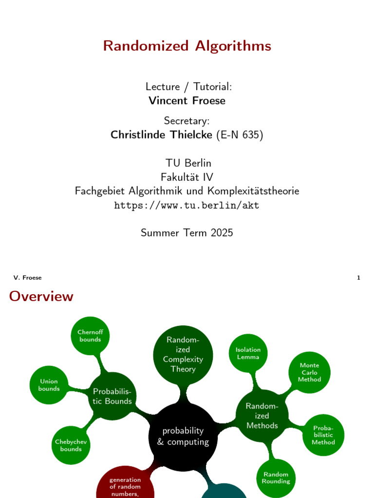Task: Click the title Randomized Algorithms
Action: pyautogui.click(x=187, y=46)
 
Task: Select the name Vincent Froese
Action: pyautogui.click(x=187, y=101)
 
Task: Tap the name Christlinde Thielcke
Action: pyautogui.click(x=163, y=135)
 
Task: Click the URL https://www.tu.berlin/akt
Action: pyautogui.click(x=187, y=205)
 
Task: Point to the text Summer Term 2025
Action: pyautogui.click(x=187, y=233)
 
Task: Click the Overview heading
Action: pyautogui.click(x=41, y=296)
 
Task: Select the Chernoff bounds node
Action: pyautogui.click(x=90, y=336)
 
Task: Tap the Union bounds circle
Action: pyautogui.click(x=49, y=385)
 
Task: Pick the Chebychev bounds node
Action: pyautogui.click(x=71, y=445)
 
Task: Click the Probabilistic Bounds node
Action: pyautogui.click(x=112, y=396)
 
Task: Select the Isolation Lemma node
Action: pyautogui.click(x=248, y=353)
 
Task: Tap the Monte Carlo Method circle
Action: pyautogui.click(x=310, y=373)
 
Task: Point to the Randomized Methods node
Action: pyautogui.click(x=262, y=416)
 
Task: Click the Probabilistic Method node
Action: pyautogui.click(x=323, y=435)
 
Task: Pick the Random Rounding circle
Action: pyautogui.click(x=276, y=478)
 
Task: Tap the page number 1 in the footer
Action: pyautogui.click(x=358, y=278)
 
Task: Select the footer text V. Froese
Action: pyautogui.click(x=28, y=278)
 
